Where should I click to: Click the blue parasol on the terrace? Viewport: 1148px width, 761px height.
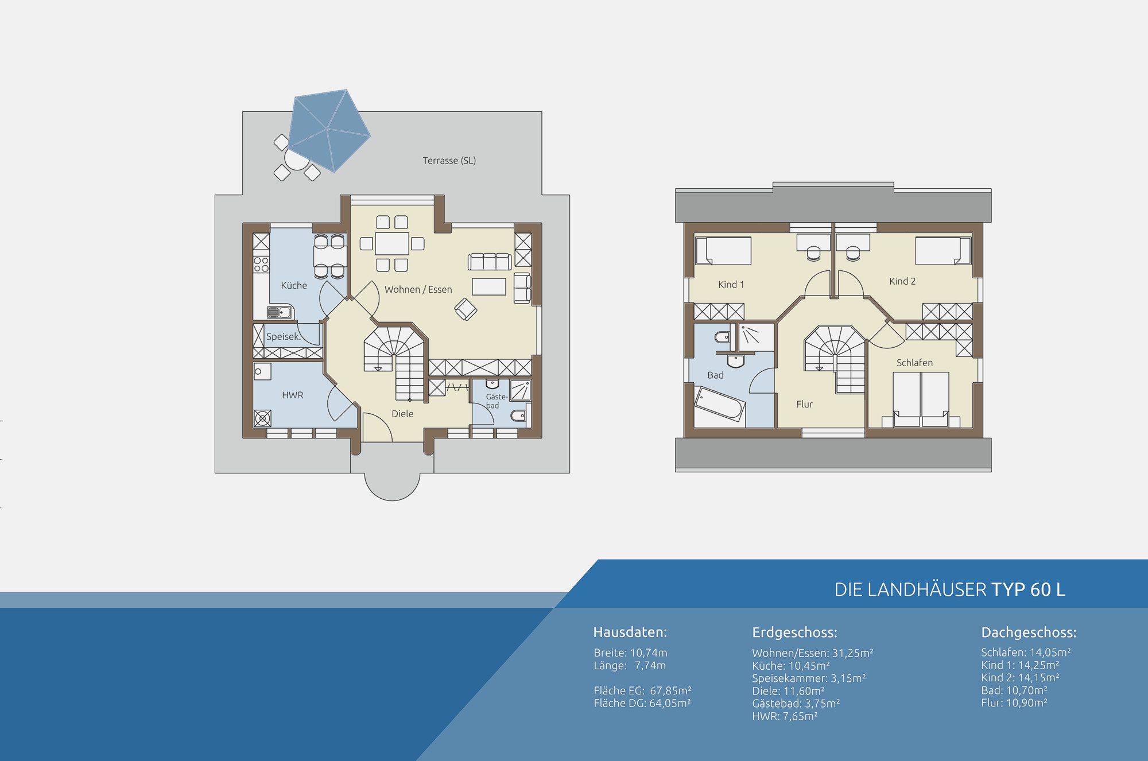pos(329,130)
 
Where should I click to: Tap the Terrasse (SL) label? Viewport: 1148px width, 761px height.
pos(449,161)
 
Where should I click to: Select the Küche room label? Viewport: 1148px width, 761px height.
pos(294,285)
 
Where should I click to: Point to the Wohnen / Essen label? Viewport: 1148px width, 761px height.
pos(418,289)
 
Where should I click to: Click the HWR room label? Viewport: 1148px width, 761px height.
pos(293,395)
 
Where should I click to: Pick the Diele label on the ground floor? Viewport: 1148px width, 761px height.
pos(402,413)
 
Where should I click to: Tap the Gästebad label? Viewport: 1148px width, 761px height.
pos(497,401)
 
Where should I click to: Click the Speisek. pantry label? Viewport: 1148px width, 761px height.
pos(284,336)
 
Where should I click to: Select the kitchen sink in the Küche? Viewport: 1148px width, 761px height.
pos(280,312)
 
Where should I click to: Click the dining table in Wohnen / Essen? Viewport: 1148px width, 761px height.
pos(392,243)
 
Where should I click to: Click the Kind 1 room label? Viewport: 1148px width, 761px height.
pos(731,284)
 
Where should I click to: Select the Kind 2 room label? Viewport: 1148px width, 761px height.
pos(902,281)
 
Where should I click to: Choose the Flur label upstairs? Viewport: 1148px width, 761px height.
pos(804,404)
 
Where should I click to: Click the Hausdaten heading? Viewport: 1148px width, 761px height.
pos(630,632)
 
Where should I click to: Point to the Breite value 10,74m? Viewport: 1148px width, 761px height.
pos(649,653)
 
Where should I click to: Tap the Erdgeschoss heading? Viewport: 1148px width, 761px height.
pos(794,632)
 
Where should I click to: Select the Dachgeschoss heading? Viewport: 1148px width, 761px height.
pos(1029,632)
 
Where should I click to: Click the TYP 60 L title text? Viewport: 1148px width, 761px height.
pos(1029,589)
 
